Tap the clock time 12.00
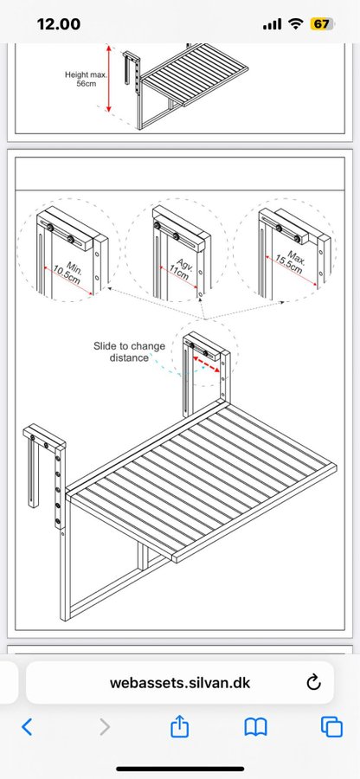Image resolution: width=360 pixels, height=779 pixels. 59,24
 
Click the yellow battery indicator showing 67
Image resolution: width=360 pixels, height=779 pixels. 321,24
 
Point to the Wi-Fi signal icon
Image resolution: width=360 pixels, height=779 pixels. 297,24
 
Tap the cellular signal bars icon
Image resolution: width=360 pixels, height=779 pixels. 272,24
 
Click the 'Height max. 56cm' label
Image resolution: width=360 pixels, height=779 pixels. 86,79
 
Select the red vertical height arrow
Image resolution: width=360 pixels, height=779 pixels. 109,78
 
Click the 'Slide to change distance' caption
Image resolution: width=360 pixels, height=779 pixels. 129,351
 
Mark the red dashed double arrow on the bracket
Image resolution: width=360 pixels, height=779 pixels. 207,364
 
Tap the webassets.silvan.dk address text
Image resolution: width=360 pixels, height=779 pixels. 180,683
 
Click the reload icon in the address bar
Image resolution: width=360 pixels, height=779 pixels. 313,682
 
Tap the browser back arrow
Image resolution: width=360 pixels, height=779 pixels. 28,727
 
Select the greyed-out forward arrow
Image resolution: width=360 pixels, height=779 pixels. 104,727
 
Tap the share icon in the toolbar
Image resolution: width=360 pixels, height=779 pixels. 180,726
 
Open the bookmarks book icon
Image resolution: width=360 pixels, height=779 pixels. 256,727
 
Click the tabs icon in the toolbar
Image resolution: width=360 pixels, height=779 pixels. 331,727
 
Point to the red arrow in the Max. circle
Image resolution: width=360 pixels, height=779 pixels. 292,271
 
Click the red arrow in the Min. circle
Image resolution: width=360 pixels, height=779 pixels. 68,280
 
